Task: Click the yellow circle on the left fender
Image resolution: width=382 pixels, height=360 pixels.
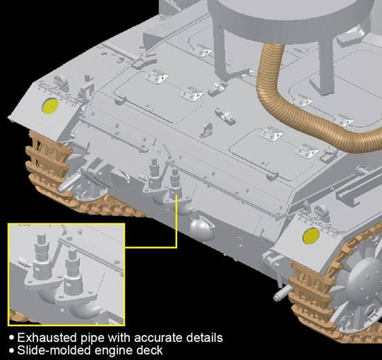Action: pyautogui.click(x=51, y=106)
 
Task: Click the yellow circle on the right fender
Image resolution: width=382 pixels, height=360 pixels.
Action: pyautogui.click(x=311, y=236)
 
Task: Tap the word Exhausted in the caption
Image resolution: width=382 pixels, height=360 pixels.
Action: pyautogui.click(x=47, y=338)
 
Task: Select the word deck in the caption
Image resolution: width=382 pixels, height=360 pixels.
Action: pyautogui.click(x=149, y=350)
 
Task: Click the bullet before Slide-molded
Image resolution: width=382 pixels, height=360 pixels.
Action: pyautogui.click(x=11, y=350)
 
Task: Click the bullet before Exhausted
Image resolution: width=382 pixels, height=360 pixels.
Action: pyautogui.click(x=11, y=338)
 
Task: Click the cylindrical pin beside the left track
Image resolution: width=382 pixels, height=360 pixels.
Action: pyautogui.click(x=69, y=182)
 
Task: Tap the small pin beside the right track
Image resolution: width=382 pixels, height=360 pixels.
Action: pyautogui.click(x=282, y=293)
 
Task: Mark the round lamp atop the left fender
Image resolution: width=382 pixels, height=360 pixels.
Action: pyautogui.click(x=61, y=80)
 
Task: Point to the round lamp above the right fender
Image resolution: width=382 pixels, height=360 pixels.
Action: pyautogui.click(x=321, y=210)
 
